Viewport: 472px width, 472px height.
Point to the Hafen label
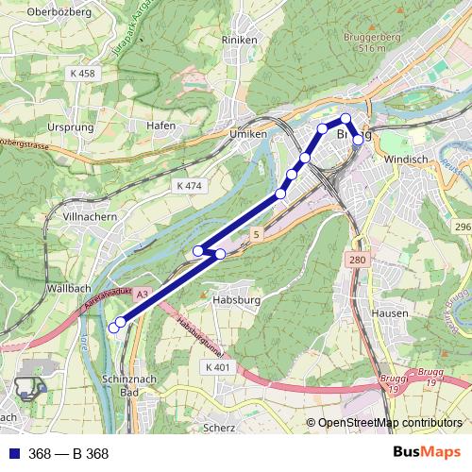pyautogui.click(x=161, y=125)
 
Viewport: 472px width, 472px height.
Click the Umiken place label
pyautogui.click(x=248, y=135)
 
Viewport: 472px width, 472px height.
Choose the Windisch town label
pyautogui.click(x=407, y=160)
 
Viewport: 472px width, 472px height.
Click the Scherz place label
pyautogui.click(x=220, y=428)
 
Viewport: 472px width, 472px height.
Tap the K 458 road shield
pyautogui.click(x=83, y=72)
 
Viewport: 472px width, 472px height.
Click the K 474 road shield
pyautogui.click(x=190, y=186)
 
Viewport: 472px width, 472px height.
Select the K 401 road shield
pyautogui.click(x=216, y=366)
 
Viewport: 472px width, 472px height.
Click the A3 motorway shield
pyautogui.click(x=142, y=295)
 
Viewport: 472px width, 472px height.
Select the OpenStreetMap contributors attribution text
pyautogui.click(x=389, y=423)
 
